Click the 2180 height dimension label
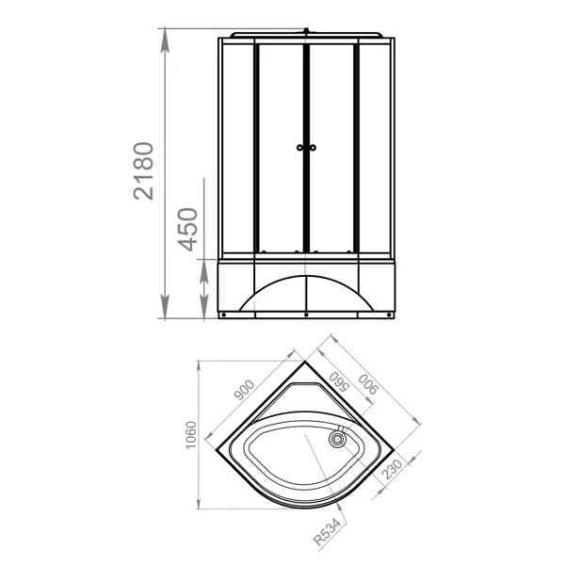tap(143, 170)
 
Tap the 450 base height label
tap(187, 229)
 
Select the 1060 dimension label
tap(190, 435)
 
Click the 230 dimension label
tap(392, 469)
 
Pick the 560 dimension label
tap(339, 381)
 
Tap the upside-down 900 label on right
tap(368, 384)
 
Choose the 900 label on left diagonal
tap(244, 390)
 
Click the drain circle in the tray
tap(338, 439)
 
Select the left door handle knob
tap(299, 148)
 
